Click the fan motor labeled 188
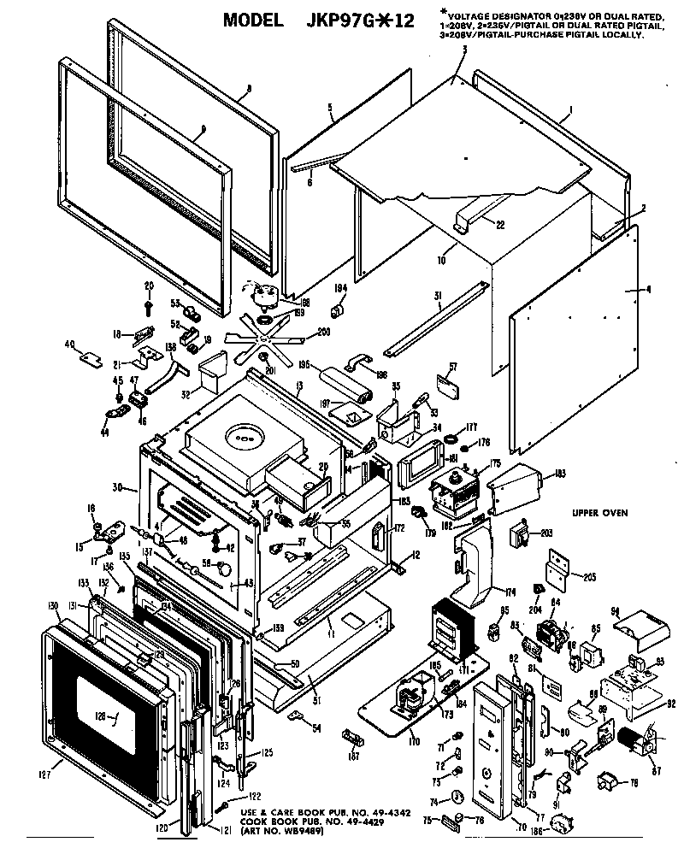point(266,296)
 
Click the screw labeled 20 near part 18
point(149,302)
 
